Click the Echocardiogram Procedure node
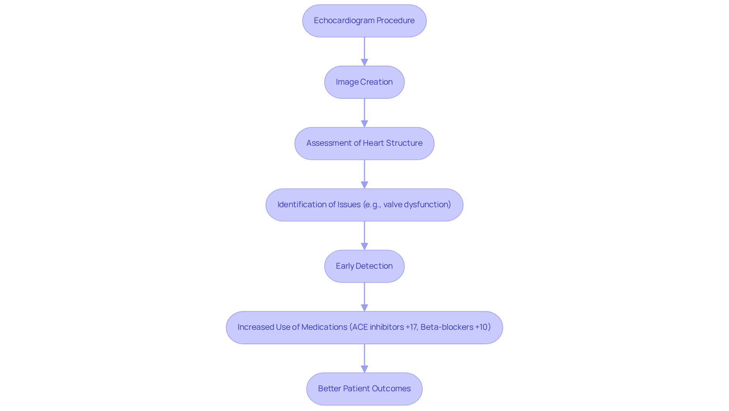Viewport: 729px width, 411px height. coord(364,21)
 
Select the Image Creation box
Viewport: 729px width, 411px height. coord(364,82)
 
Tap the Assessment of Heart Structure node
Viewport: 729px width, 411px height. coord(364,143)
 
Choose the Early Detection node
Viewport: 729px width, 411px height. coord(364,266)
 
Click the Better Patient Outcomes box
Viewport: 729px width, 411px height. coord(364,389)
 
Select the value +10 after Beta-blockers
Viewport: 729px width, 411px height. coord(481,327)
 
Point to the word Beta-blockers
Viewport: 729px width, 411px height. coord(447,327)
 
